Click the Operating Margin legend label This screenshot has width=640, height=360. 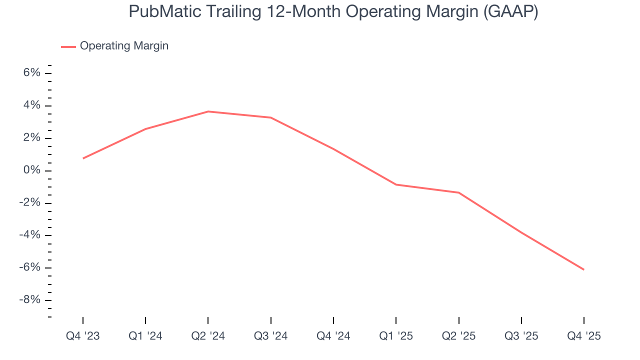(x=124, y=46)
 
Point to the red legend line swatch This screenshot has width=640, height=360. (x=68, y=46)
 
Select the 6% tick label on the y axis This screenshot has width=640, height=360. (x=31, y=73)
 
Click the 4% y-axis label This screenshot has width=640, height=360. (x=31, y=105)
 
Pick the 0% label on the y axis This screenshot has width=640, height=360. (x=31, y=170)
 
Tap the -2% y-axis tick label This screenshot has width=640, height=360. (x=29, y=203)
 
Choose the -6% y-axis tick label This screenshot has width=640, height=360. (x=29, y=267)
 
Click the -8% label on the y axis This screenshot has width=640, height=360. (x=29, y=300)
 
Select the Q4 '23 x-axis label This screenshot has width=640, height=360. (x=83, y=336)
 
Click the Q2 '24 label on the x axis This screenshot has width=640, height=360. (x=208, y=336)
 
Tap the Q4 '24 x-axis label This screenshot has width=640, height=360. (x=333, y=336)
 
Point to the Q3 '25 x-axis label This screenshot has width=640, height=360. (x=521, y=336)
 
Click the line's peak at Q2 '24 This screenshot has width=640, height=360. (x=208, y=111)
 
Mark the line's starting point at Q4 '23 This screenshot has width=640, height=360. (x=83, y=158)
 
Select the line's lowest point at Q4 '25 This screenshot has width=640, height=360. (x=583, y=269)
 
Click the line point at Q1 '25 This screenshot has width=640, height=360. (x=396, y=184)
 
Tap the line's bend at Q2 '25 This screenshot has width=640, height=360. (x=458, y=192)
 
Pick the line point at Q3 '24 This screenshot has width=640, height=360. (x=270, y=117)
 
